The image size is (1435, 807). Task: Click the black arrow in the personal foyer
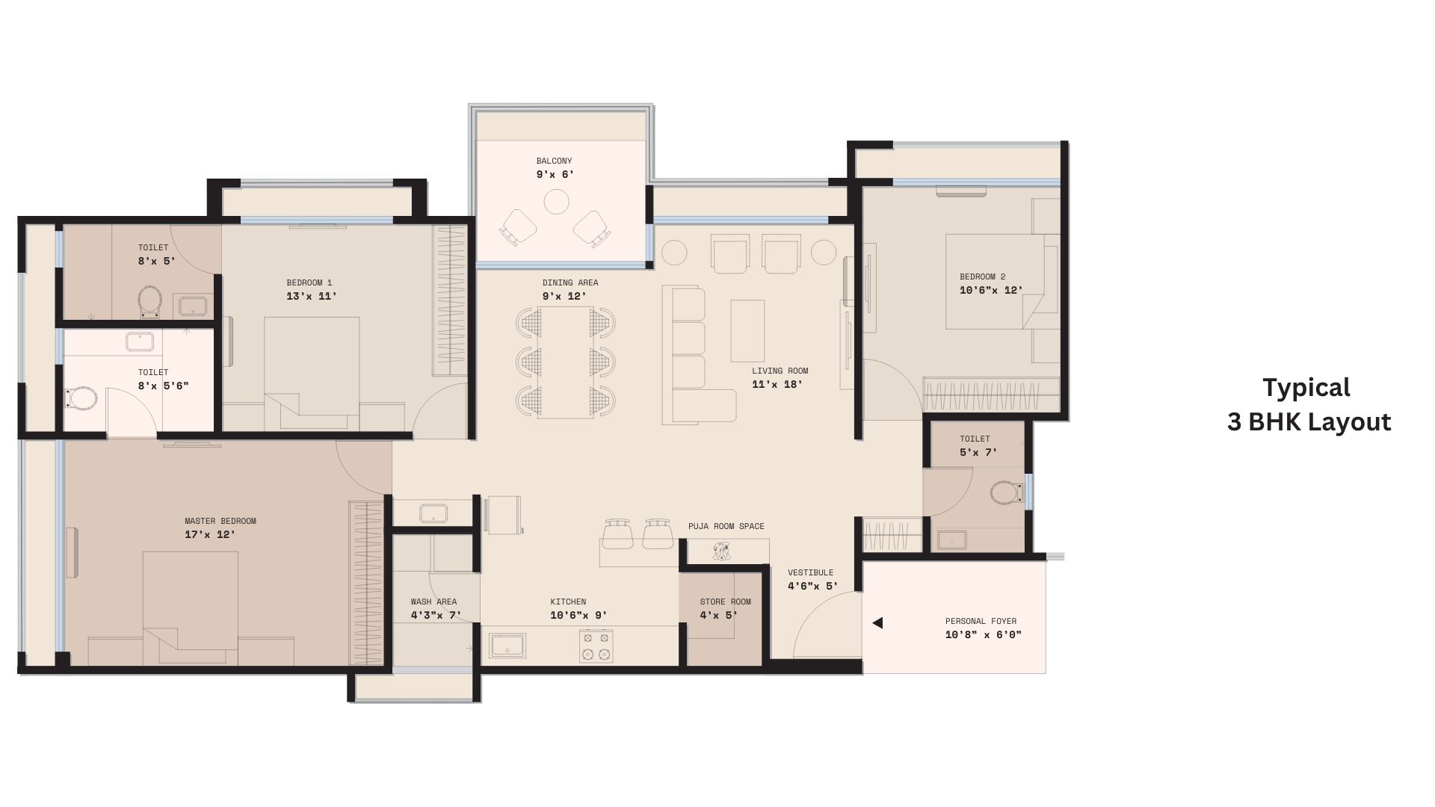[877, 622]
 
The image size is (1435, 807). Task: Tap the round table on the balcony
[556, 202]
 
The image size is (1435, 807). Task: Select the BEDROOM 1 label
[309, 282]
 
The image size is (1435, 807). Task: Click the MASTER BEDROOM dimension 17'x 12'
[210, 535]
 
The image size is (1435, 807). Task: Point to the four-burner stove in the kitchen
[596, 646]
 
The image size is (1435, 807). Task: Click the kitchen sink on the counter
[507, 646]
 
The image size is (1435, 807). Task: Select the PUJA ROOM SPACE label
[726, 526]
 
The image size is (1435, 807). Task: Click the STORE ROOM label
[726, 602]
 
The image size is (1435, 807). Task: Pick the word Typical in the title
[1306, 388]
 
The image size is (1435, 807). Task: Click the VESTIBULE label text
[810, 572]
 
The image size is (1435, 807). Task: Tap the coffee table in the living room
[747, 331]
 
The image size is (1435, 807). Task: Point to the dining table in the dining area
[566, 362]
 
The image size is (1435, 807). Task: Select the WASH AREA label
[433, 602]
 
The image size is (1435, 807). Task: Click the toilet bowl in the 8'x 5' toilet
[150, 301]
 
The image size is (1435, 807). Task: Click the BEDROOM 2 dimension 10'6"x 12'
[991, 291]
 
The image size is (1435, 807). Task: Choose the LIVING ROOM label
[780, 371]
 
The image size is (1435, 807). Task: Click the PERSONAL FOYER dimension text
[983, 635]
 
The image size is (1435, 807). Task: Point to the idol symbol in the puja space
[721, 552]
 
